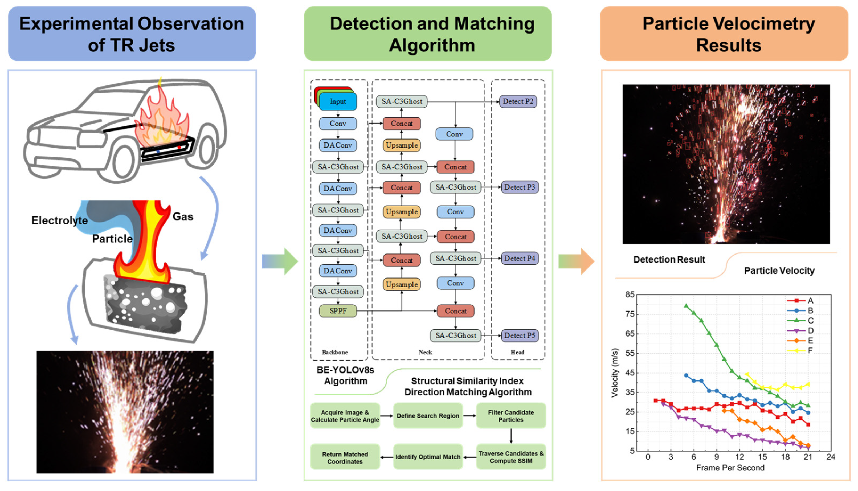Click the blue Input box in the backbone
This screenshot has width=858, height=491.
tap(338, 101)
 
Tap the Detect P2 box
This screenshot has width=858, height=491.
tap(518, 101)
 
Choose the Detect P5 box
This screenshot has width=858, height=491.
tap(519, 335)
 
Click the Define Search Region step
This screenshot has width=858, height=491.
tap(428, 416)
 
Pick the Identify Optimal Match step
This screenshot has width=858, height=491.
tap(428, 457)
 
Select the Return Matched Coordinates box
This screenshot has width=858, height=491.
tap(345, 458)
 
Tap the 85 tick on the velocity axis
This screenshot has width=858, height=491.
tap(630, 295)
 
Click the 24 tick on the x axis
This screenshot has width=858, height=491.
tap(831, 457)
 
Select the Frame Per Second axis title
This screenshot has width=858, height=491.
tap(730, 468)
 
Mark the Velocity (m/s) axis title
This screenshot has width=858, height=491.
tap(615, 373)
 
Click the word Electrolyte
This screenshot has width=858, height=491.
tap(60, 220)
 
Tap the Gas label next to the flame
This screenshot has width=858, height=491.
tap(183, 216)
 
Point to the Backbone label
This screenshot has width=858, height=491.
tap(334, 352)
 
